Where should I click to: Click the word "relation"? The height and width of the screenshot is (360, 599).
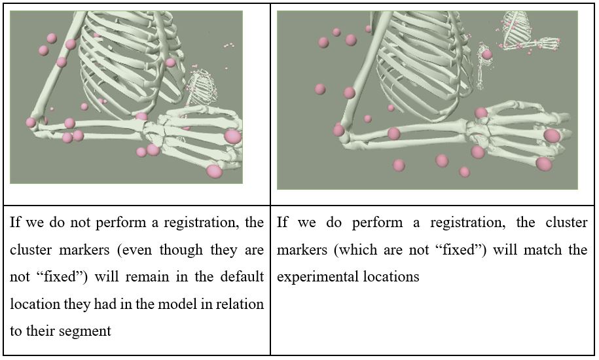point(238,304)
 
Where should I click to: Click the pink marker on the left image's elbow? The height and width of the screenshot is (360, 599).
point(31,122)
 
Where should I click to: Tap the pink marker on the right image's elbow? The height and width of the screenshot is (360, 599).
point(338,130)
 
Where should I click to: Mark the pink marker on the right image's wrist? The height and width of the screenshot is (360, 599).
point(481,113)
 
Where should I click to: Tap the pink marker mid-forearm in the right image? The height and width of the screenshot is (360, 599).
point(393,134)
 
